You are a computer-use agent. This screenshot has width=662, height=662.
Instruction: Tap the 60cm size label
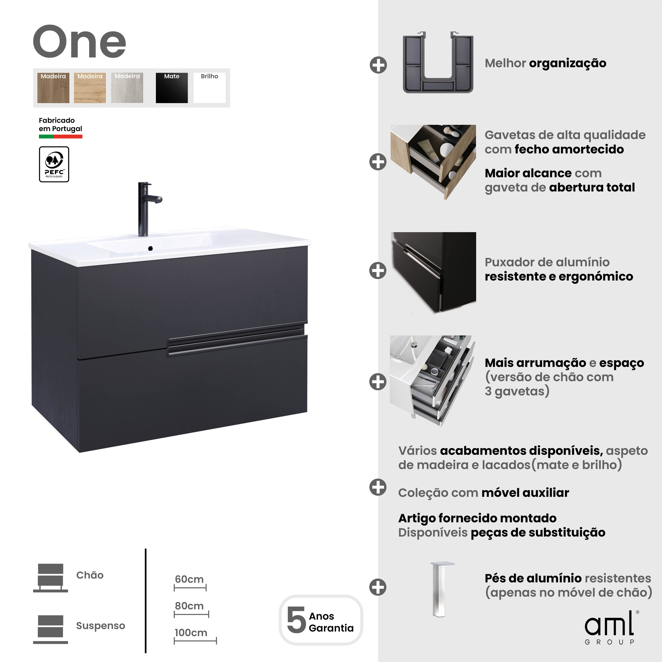pos(189,579)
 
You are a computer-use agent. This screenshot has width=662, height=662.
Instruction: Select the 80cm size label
pos(189,606)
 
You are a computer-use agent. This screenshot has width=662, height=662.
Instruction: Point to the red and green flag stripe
pos(61,136)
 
